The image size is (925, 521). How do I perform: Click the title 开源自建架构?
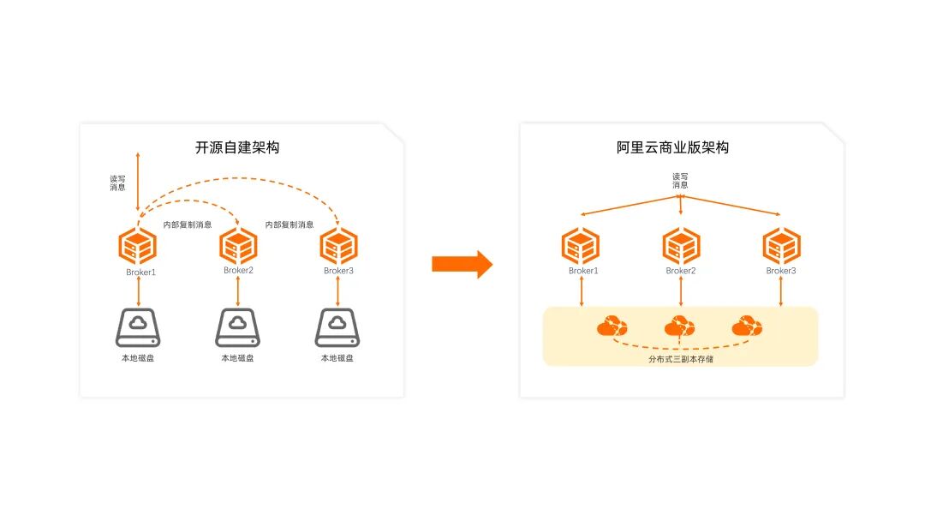point(237,147)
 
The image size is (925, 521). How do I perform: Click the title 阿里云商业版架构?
point(672,147)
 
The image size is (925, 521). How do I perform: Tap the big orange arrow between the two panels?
point(462,264)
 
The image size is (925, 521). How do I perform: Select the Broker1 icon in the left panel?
point(137,247)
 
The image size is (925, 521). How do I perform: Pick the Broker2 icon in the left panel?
point(238,247)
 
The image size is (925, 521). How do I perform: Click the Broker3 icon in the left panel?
point(338,247)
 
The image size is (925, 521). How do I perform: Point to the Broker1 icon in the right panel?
point(581,247)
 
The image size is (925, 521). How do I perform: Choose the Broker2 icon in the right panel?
point(681,247)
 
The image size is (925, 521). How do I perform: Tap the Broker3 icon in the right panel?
point(781,247)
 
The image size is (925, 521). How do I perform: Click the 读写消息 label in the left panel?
point(117,184)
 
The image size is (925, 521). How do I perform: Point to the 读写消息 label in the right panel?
point(680,181)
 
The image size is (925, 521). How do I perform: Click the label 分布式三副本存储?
point(681,359)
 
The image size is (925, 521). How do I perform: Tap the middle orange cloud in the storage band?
point(680,326)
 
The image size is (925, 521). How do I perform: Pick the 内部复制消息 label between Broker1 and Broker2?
point(188,225)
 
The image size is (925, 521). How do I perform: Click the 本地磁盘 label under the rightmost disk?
point(337,358)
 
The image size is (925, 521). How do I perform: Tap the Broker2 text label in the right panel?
point(681,271)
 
